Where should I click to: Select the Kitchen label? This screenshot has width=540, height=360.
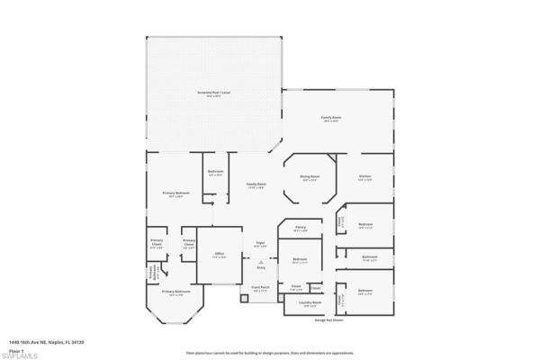tap(365, 176)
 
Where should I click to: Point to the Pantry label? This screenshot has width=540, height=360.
tap(301, 229)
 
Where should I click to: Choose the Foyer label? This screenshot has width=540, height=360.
tap(259, 242)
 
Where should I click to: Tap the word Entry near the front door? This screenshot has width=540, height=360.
tap(261, 268)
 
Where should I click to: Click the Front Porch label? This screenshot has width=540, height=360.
tap(261, 290)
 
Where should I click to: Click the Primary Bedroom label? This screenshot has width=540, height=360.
tap(175, 194)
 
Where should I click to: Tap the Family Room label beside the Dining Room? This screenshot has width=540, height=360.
tap(256, 184)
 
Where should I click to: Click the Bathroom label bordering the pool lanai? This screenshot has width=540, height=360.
tap(215, 172)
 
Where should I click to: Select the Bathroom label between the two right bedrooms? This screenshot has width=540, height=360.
tap(369, 256)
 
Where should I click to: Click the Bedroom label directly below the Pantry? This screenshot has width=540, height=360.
tap(300, 260)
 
